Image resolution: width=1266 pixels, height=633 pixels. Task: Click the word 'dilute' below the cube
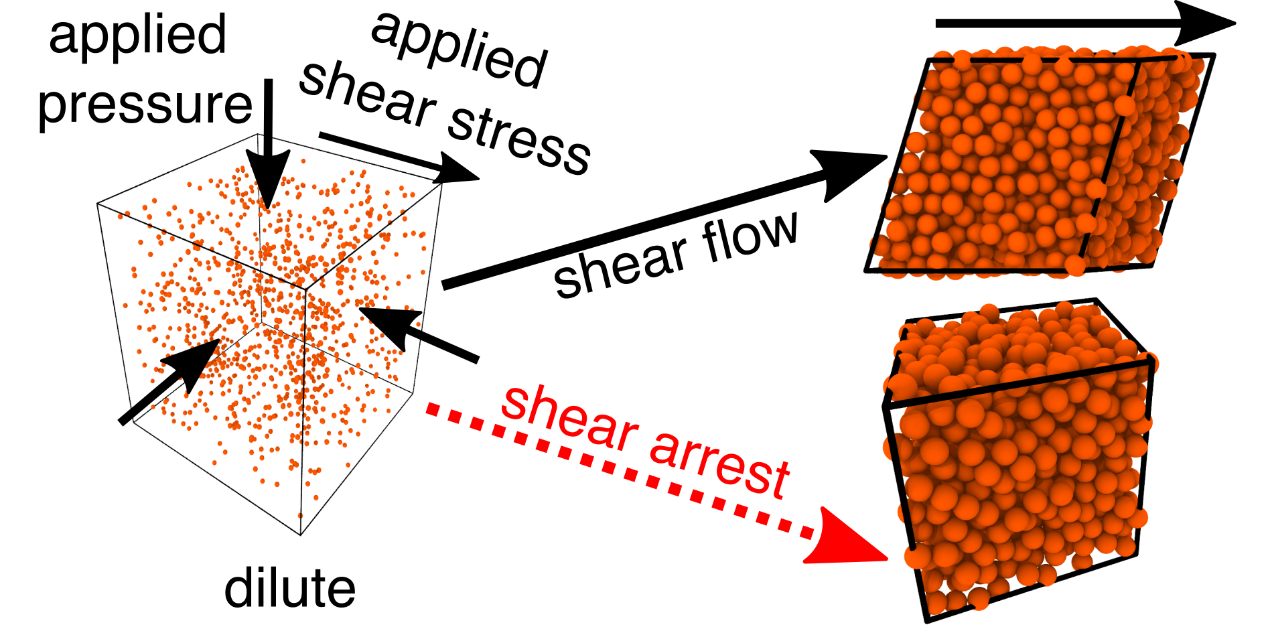(289, 588)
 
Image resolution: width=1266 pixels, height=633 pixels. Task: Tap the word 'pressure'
(145, 106)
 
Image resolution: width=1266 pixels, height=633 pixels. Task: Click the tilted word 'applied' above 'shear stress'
(460, 51)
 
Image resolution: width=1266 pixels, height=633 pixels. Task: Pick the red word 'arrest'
(720, 462)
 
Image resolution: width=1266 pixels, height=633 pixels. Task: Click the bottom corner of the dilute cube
(301, 535)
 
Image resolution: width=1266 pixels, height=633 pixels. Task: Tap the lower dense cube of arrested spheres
(1018, 462)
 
